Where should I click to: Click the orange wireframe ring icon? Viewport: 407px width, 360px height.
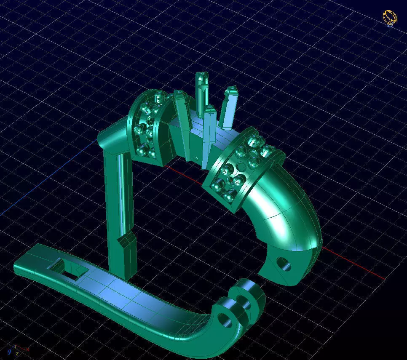click(x=390, y=18)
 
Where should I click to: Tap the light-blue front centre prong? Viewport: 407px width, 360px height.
click(x=208, y=135)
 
